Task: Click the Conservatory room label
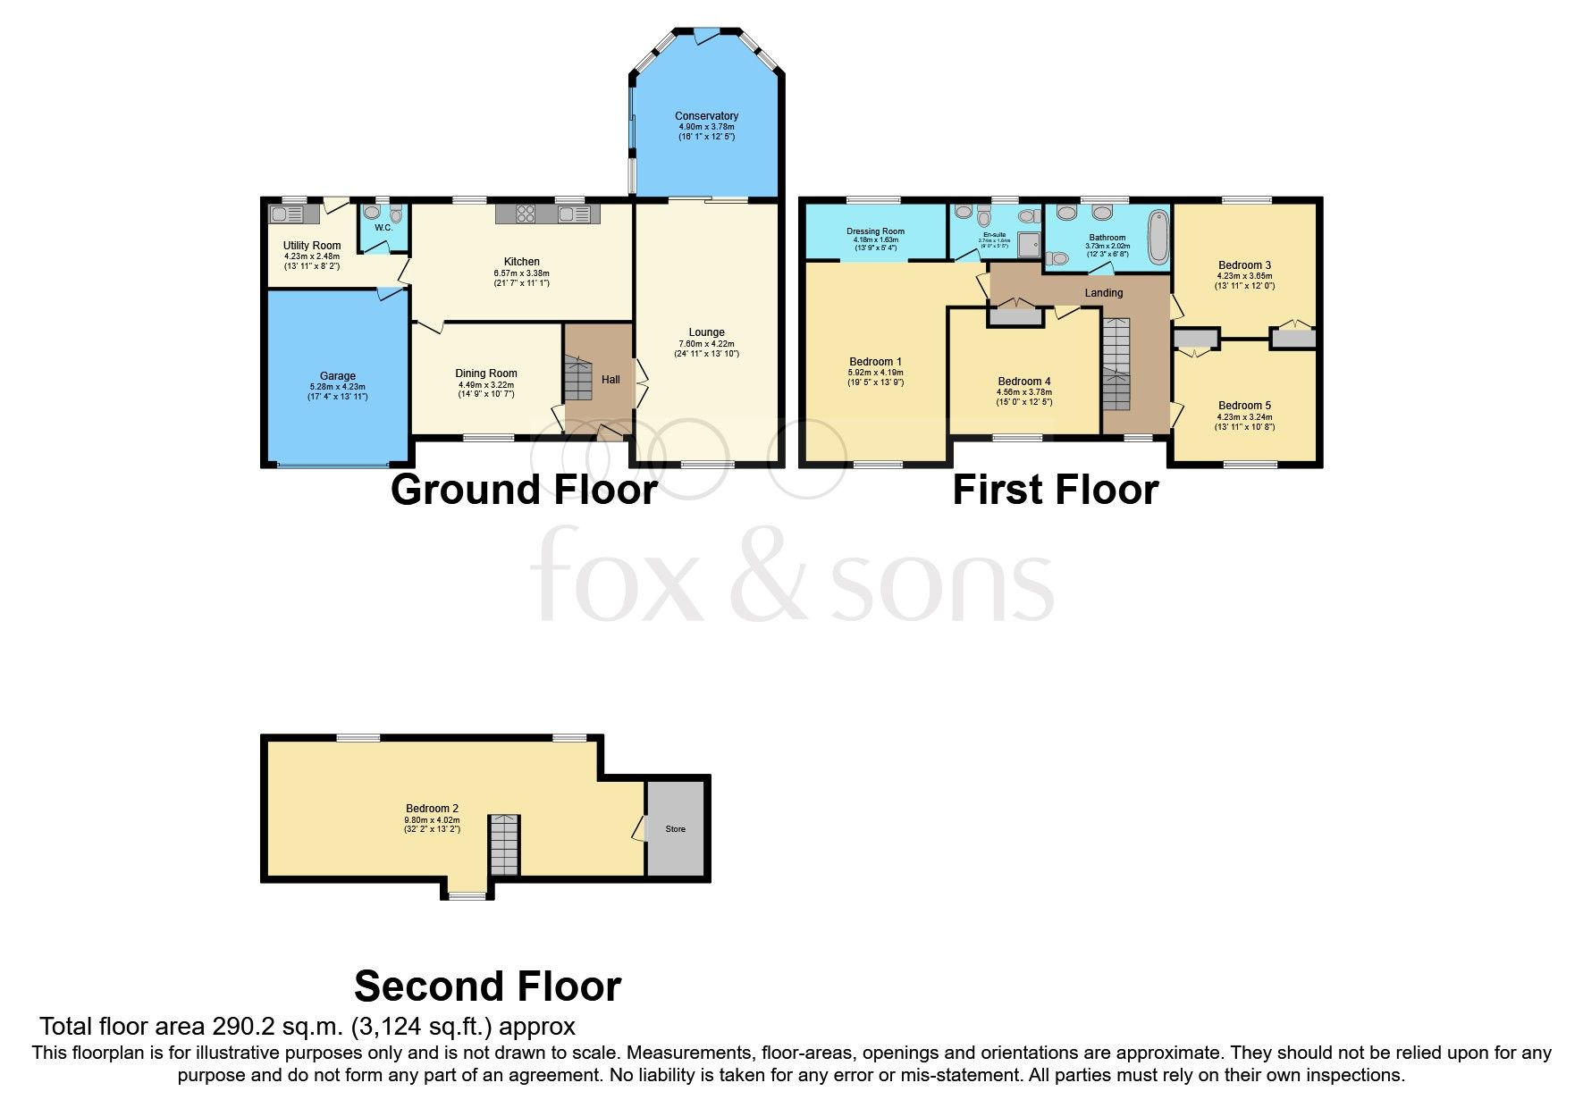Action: [706, 116]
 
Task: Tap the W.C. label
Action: [383, 228]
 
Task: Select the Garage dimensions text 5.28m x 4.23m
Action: [338, 387]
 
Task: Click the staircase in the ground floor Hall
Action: [578, 379]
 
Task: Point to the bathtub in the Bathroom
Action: [1158, 237]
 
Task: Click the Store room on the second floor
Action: [676, 828]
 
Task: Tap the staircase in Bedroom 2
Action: [504, 845]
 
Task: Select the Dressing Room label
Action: [875, 231]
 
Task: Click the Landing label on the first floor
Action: [1104, 293]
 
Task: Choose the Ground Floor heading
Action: [524, 490]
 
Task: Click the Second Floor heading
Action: [487, 986]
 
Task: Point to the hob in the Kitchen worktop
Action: [526, 214]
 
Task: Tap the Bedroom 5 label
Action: [1244, 406]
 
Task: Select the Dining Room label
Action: [486, 374]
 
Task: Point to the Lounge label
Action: [706, 332]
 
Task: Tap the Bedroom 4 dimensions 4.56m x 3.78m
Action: [1024, 391]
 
